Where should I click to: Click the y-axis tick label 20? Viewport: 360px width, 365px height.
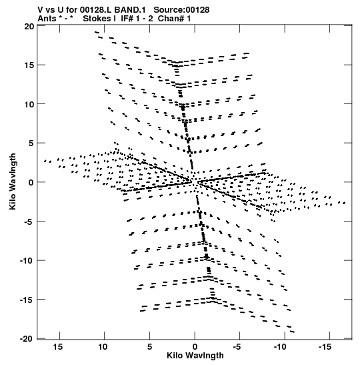[x=29, y=27]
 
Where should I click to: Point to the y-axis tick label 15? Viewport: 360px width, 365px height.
[x=29, y=65]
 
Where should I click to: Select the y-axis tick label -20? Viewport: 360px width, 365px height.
[x=27, y=339]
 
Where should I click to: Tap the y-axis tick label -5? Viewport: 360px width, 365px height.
[x=29, y=222]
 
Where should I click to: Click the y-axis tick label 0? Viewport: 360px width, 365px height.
[x=31, y=182]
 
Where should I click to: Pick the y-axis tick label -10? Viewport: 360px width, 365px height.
[x=27, y=260]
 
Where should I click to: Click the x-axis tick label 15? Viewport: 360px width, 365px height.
[x=58, y=347]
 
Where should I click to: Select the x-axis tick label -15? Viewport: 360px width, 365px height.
[x=325, y=347]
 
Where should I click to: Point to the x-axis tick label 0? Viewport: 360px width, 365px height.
[x=195, y=347]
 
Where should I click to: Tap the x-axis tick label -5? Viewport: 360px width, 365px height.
[x=237, y=347]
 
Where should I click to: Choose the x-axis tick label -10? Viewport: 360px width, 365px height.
[x=279, y=347]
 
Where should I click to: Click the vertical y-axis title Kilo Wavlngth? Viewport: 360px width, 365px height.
[x=13, y=181]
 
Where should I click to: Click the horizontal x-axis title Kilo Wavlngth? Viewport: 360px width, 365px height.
[x=195, y=356]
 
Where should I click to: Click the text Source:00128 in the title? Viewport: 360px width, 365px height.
[x=181, y=10]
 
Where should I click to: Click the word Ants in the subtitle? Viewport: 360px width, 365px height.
[x=47, y=19]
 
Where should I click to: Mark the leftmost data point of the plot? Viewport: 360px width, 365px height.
[x=45, y=161]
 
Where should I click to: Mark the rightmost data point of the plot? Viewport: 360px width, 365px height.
[x=345, y=203]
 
